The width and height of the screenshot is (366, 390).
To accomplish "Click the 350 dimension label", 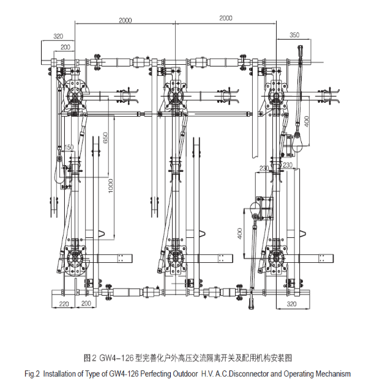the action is (x=294, y=35).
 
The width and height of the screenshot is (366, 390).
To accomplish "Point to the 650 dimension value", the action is (x=105, y=138).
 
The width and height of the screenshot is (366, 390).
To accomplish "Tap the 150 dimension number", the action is (x=69, y=147).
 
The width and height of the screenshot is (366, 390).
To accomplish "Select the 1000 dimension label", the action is (x=111, y=186).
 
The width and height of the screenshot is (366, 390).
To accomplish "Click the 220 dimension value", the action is (x=64, y=304).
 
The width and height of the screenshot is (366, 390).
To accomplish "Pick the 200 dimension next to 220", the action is (x=86, y=303).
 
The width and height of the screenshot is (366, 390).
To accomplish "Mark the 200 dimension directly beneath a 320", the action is (x=65, y=47).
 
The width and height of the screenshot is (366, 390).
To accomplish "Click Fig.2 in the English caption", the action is (x=32, y=374).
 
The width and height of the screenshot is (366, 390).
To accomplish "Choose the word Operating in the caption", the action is (x=299, y=374).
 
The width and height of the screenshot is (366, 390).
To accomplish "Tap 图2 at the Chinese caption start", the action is (x=90, y=358).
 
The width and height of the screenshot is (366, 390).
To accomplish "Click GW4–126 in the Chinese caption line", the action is (x=116, y=358).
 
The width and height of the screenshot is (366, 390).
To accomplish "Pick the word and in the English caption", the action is (x=276, y=374).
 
